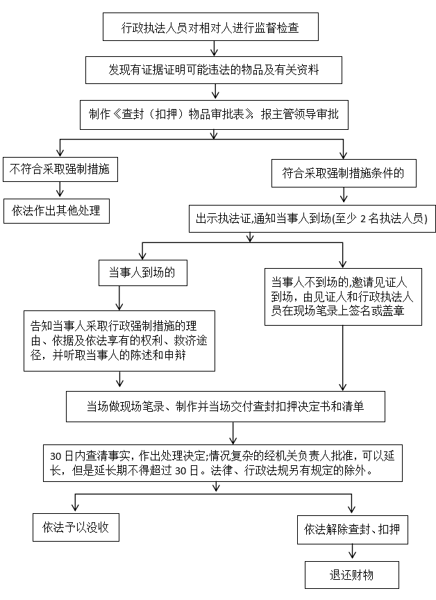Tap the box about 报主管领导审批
pyautogui.click(x=214, y=115)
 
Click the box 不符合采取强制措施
pyautogui.click(x=60, y=169)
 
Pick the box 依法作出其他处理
pyautogui.click(x=56, y=210)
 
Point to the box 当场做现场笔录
pyautogui.click(x=226, y=406)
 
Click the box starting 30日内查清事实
pyautogui.click(x=222, y=462)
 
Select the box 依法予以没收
pyautogui.click(x=75, y=526)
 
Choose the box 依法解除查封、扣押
pyautogui.click(x=353, y=530)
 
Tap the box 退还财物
pyautogui.click(x=352, y=574)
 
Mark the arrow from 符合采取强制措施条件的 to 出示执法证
pyautogui.click(x=343, y=195)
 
